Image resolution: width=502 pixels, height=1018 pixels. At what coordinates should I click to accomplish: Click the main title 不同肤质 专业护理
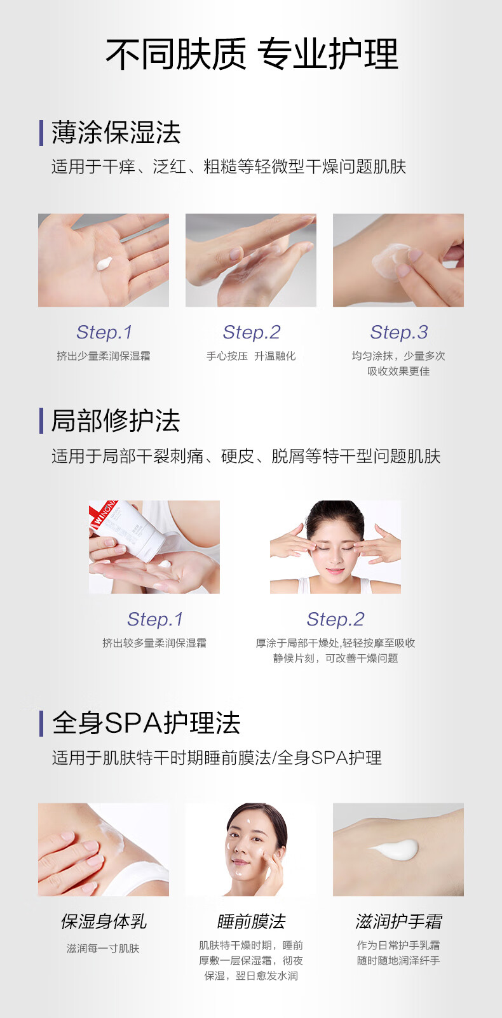252,54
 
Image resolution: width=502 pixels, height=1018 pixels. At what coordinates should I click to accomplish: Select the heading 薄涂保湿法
116,133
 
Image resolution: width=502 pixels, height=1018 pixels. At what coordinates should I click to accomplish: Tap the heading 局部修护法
116,420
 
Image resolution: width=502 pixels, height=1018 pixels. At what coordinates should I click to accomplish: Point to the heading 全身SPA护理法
146,723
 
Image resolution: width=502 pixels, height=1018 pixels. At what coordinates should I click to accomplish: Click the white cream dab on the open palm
104,263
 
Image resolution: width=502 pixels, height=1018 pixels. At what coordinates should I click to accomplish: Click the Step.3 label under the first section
399,332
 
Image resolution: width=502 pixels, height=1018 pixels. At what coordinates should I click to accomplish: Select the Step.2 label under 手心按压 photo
252,332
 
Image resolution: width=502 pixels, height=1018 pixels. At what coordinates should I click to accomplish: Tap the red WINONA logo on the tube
104,514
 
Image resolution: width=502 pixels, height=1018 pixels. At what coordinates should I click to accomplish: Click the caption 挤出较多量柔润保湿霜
154,643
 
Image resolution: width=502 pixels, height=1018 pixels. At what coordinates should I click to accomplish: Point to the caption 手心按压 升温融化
251,356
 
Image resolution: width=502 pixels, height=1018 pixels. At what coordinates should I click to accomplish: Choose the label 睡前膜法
251,921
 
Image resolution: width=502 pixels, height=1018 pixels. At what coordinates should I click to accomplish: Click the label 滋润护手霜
398,921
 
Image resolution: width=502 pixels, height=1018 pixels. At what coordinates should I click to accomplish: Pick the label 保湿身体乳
104,921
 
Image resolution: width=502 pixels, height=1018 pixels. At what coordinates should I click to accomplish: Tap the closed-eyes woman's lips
335,571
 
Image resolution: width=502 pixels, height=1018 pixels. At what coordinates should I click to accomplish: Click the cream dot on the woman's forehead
248,821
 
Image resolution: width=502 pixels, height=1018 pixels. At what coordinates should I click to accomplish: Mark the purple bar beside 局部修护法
41,420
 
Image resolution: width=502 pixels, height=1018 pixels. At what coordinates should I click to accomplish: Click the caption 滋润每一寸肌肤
103,949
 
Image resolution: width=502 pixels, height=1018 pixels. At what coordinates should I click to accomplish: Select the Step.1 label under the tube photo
155,619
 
